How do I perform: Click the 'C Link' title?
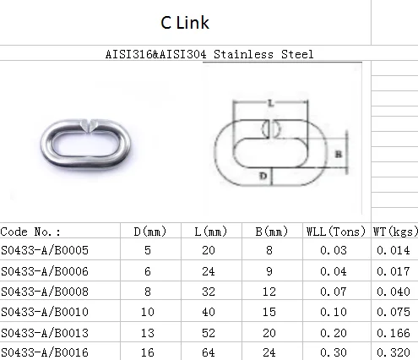click(x=185, y=23)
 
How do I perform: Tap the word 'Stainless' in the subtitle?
click(x=243, y=54)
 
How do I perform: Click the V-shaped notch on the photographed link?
click(x=88, y=126)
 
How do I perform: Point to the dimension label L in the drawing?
click(x=271, y=103)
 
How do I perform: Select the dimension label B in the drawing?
click(x=339, y=154)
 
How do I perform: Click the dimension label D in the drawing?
click(x=263, y=176)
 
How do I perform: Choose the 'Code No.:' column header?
click(x=30, y=232)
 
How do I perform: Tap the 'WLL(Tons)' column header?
click(x=336, y=232)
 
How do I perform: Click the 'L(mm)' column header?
click(x=210, y=232)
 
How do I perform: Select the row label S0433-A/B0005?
click(x=45, y=250)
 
